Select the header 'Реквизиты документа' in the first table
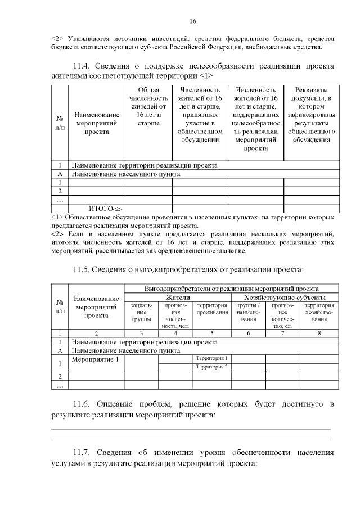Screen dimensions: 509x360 point(311,115)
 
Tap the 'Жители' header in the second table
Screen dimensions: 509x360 point(177,297)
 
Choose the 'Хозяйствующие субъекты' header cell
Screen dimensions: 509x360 point(285,297)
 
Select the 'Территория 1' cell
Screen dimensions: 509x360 point(211,358)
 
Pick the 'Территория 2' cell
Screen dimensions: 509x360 point(211,367)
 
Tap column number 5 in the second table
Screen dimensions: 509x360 point(211,334)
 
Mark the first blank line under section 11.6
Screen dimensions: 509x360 point(191,429)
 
